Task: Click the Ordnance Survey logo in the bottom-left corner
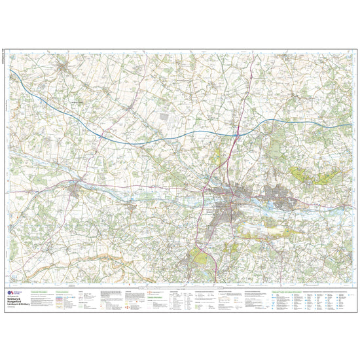click(x=10, y=294)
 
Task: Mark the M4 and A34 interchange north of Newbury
click(x=236, y=132)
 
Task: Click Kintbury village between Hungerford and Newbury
click(x=131, y=207)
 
